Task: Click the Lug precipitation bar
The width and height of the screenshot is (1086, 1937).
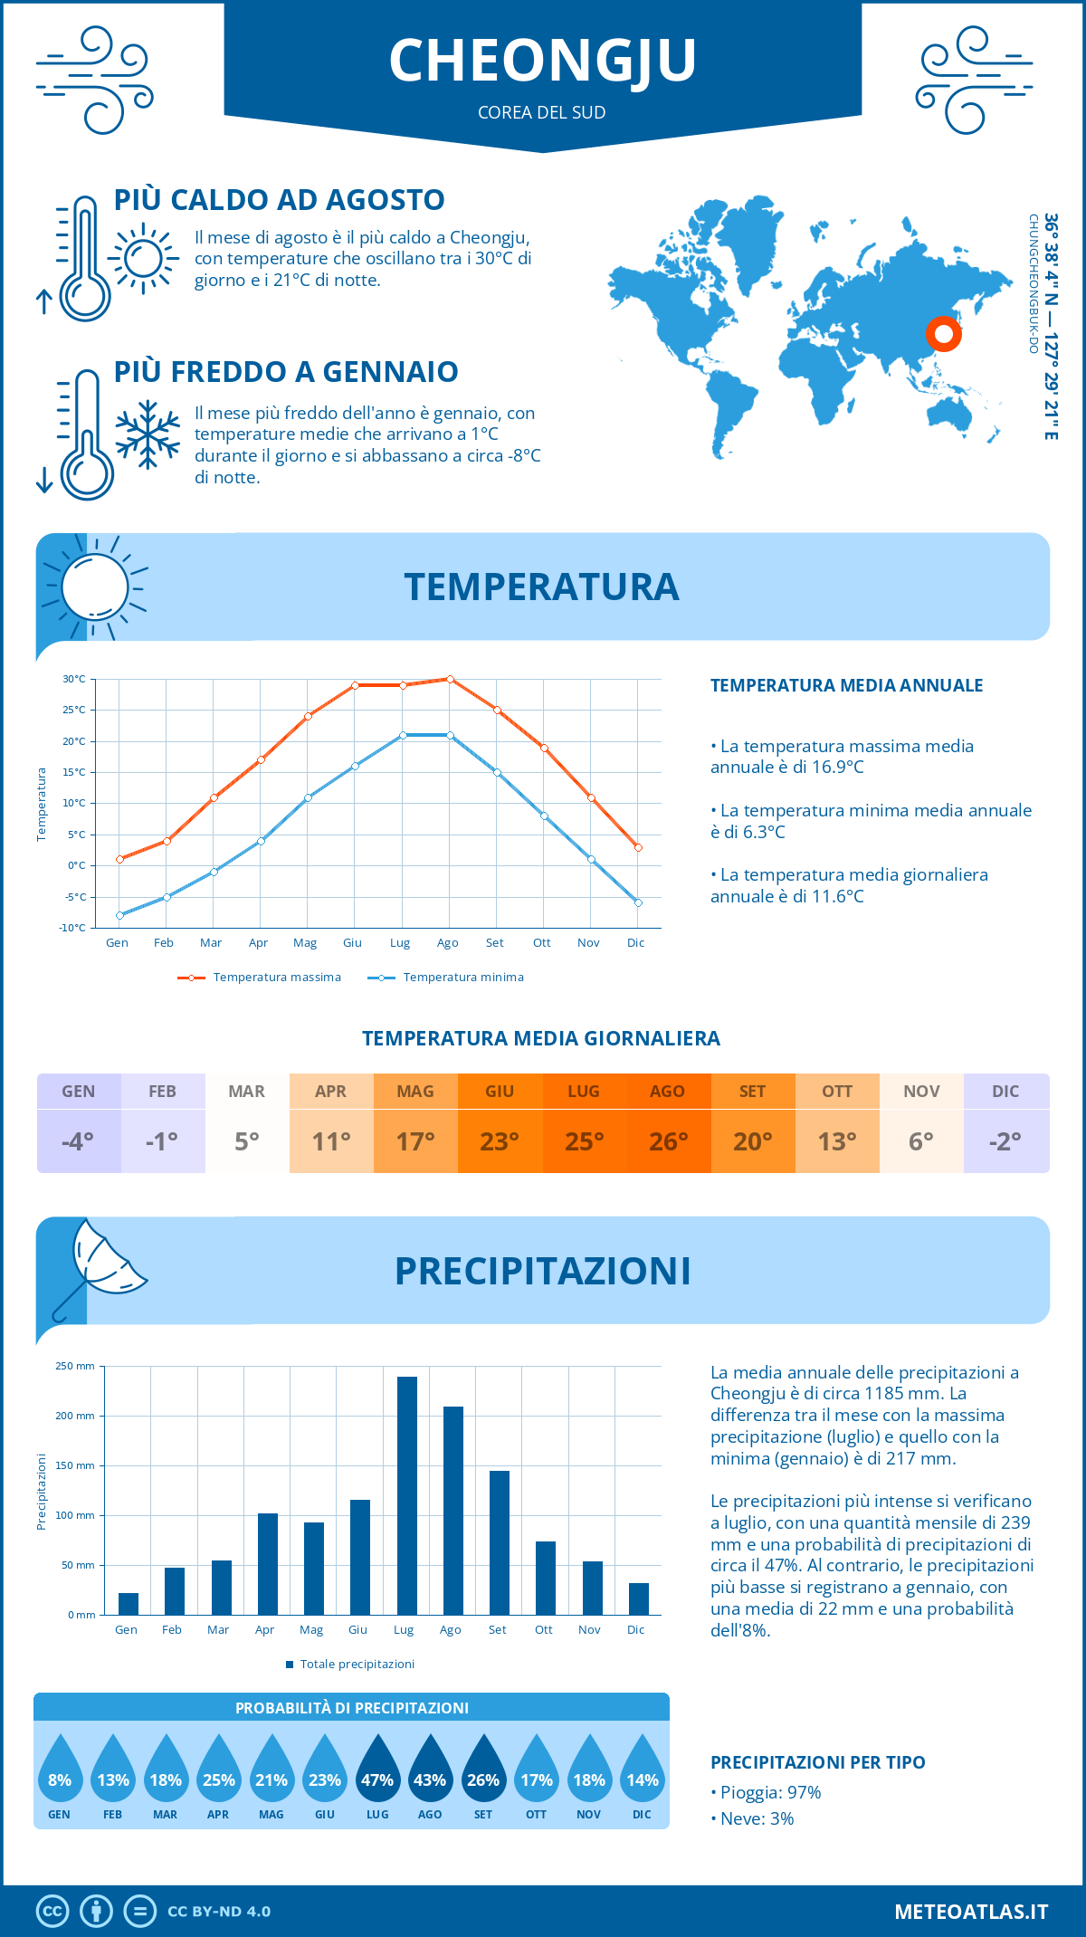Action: click(x=407, y=1495)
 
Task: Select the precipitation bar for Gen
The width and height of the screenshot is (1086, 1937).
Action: click(x=129, y=1604)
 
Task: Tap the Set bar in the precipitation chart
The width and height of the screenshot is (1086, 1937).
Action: click(x=500, y=1542)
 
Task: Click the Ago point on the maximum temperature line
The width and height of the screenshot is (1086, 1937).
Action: click(x=450, y=679)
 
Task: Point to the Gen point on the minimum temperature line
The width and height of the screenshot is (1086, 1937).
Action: click(x=119, y=915)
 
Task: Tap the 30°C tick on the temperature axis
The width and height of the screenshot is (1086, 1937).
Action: click(x=74, y=679)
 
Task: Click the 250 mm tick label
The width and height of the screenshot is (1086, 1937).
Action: click(x=75, y=1366)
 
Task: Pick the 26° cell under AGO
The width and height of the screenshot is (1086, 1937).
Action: click(x=668, y=1141)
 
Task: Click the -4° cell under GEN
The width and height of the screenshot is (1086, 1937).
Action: click(x=78, y=1141)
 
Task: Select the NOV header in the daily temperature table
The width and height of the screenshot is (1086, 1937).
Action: click(x=921, y=1091)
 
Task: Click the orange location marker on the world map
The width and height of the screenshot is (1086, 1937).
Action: click(x=944, y=335)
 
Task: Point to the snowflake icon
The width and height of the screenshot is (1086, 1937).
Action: click(x=148, y=434)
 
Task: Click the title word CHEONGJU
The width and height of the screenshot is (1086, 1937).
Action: click(x=543, y=61)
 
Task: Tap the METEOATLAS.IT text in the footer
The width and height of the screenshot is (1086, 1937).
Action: click(x=971, y=1912)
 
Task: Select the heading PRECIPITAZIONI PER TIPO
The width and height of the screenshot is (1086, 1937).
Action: click(x=818, y=1762)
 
